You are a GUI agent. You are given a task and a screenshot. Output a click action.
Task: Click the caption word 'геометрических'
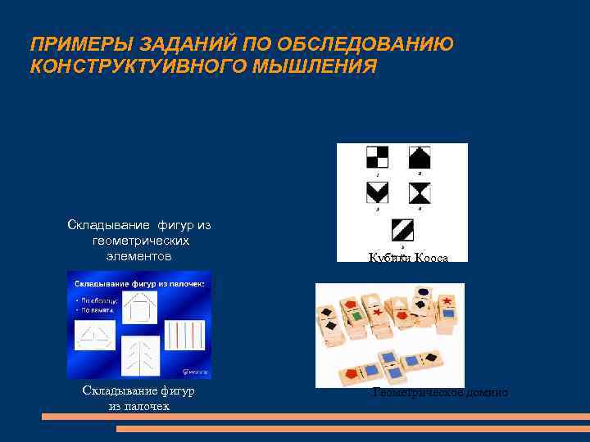pos(141,241)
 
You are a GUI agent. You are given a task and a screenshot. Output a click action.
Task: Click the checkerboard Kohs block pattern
pos(377,156)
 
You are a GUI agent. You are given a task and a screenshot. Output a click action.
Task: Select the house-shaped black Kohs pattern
pos(420,156)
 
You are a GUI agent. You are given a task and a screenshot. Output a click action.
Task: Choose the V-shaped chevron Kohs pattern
pos(378,193)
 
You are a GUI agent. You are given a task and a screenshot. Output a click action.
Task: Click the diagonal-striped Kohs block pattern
pos(402,229)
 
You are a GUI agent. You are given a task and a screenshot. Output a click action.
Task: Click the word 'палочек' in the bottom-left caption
pos(139,406)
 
